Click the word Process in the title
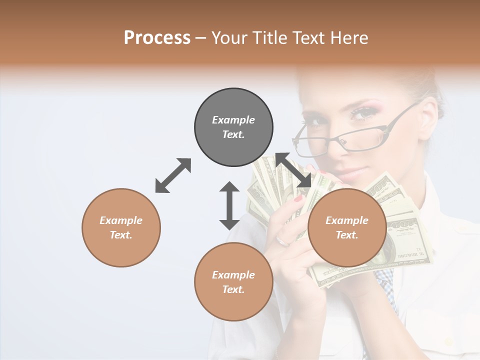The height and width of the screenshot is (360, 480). (x=157, y=37)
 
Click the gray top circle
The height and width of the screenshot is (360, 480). (x=233, y=127)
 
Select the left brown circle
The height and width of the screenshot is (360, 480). (x=121, y=227)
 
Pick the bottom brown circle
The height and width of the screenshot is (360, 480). (x=233, y=281)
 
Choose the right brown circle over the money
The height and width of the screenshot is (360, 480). (x=347, y=227)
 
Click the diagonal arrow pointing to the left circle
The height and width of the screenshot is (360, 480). (x=173, y=175)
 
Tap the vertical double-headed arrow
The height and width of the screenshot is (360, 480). (x=229, y=205)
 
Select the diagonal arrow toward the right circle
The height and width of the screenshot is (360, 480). (x=292, y=170)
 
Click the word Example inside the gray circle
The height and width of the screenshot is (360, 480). (x=233, y=120)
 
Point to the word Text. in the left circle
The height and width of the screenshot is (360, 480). (x=121, y=235)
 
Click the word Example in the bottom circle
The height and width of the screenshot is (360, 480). (x=233, y=274)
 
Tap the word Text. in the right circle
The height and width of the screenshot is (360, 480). (x=347, y=235)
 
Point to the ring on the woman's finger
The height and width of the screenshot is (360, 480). (x=283, y=241)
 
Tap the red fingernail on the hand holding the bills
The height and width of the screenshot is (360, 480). (x=299, y=198)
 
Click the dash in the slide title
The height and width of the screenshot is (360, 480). (x=201, y=38)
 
